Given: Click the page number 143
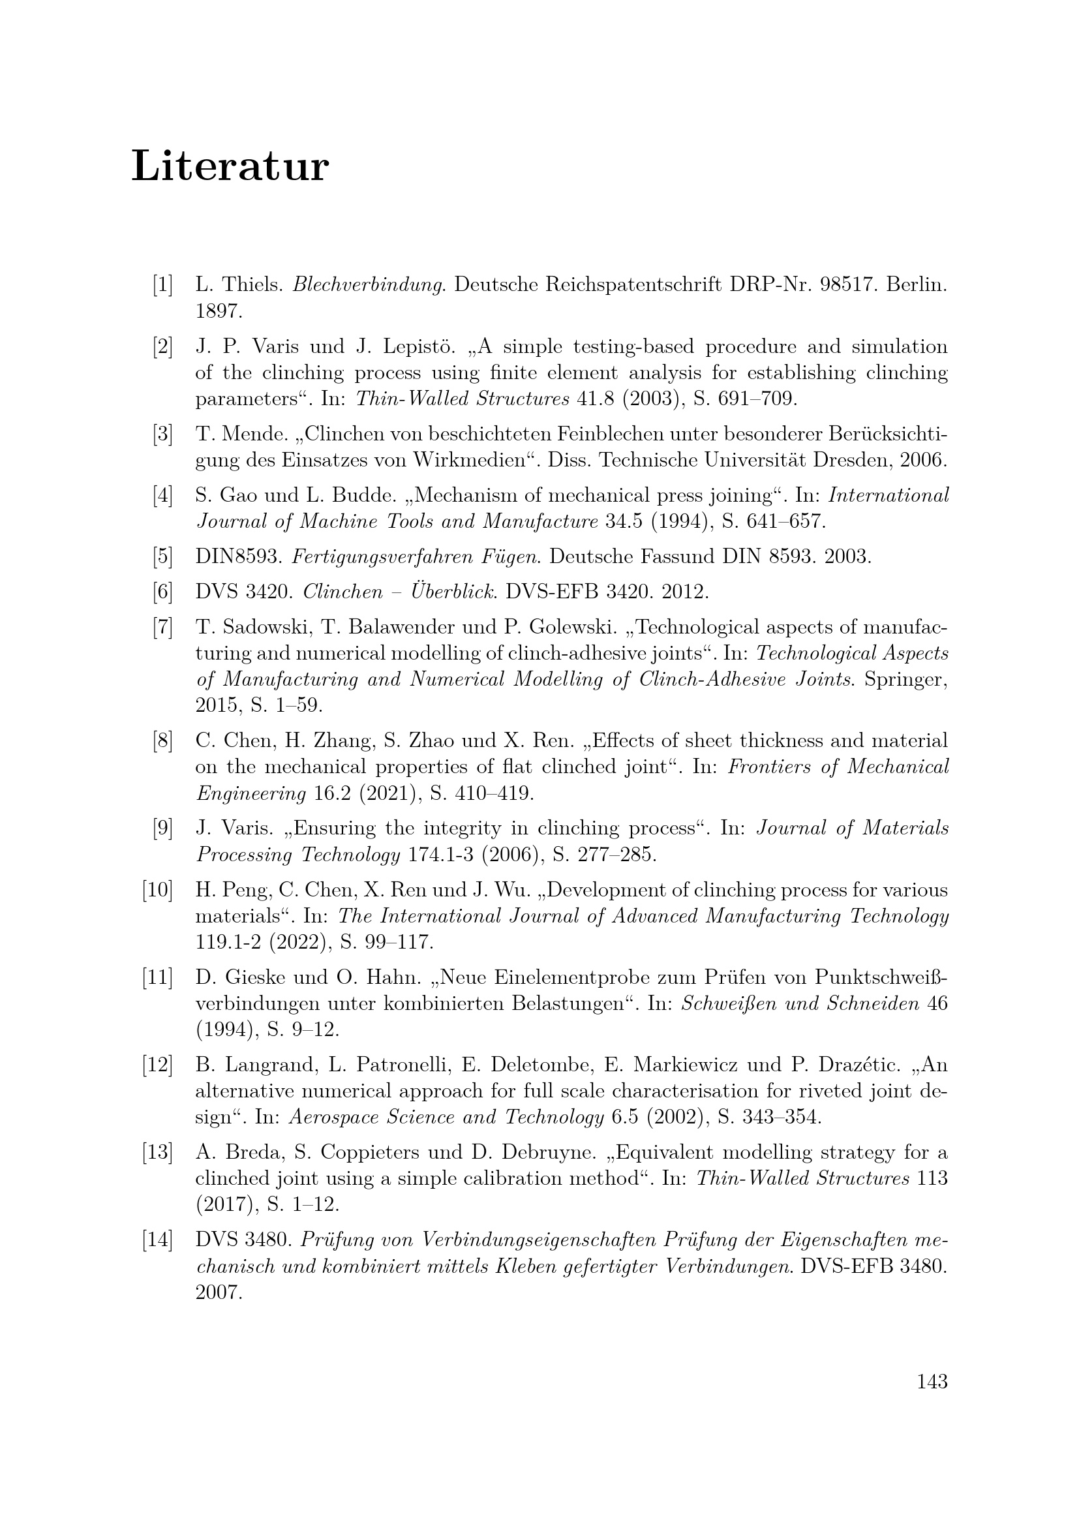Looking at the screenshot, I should (x=932, y=1381).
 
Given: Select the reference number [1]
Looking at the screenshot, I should (x=162, y=285).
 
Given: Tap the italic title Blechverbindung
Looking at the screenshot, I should (x=368, y=285).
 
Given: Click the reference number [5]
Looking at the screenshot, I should (x=162, y=557).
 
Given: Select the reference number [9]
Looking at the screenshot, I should (x=162, y=828).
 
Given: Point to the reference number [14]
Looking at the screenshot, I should (x=157, y=1240).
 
